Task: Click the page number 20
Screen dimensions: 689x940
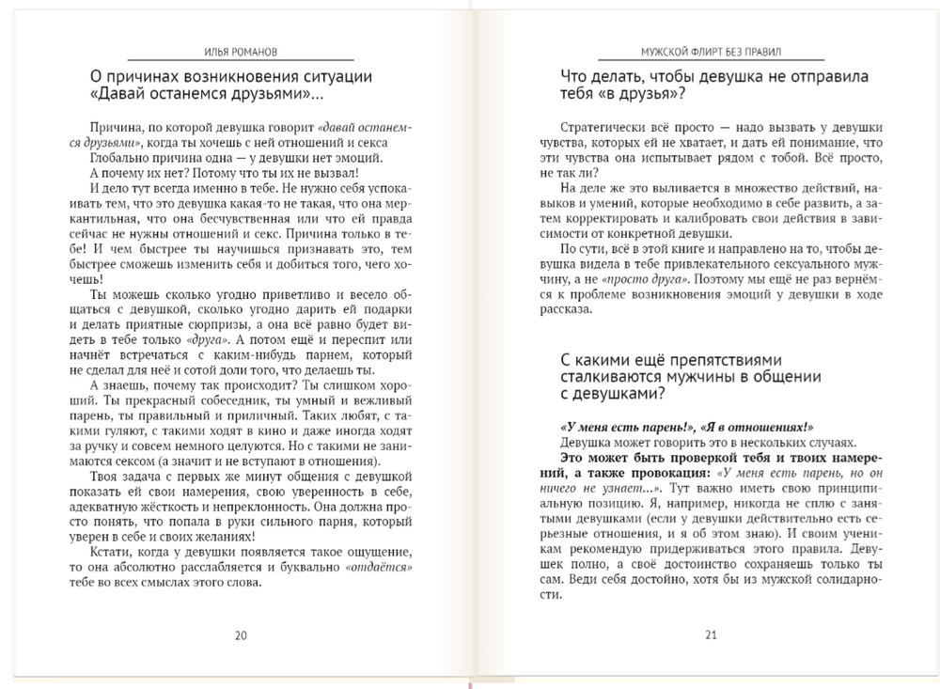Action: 241,634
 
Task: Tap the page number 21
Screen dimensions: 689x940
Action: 711,634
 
